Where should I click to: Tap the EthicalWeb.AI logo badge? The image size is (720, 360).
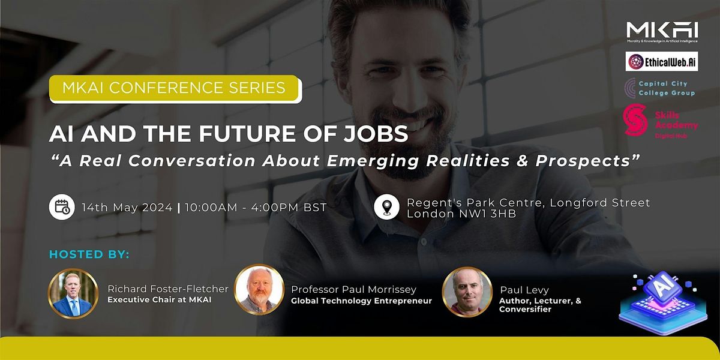click(662, 61)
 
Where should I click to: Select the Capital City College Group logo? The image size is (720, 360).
click(659, 88)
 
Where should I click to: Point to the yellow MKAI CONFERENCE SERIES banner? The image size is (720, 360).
click(175, 88)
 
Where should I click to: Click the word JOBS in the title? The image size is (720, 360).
click(377, 134)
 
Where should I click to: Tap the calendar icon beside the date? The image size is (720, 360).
click(62, 208)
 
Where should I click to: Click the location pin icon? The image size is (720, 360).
click(387, 208)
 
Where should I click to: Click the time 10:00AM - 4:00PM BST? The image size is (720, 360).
click(256, 208)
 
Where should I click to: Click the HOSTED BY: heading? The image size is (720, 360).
click(89, 254)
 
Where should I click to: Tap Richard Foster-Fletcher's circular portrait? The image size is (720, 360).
click(72, 293)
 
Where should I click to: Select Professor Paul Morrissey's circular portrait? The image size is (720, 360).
click(259, 290)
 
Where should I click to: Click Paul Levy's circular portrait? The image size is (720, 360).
click(466, 292)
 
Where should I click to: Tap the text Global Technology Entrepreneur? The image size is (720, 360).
click(361, 301)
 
